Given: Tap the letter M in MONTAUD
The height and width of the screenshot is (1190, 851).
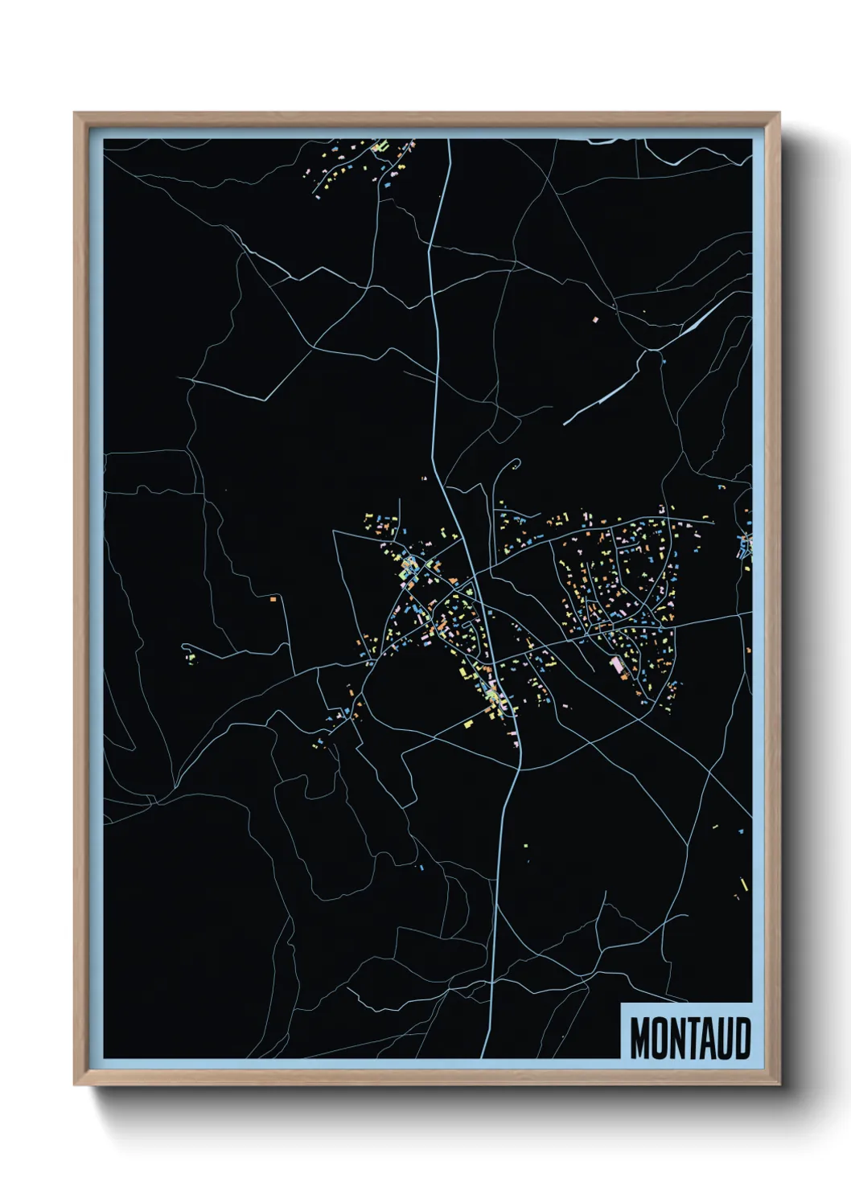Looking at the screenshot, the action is (640, 1038).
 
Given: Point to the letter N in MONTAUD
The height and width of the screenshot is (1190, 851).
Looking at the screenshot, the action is (677, 1038).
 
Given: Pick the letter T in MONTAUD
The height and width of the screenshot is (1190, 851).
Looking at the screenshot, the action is (693, 1038).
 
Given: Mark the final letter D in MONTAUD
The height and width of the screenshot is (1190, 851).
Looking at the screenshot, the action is (742, 1038).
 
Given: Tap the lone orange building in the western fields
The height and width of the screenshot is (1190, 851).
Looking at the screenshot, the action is (273, 599).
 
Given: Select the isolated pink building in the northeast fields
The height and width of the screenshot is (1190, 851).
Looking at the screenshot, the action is (596, 320).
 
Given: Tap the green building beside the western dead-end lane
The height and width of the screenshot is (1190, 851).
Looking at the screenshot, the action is (192, 659).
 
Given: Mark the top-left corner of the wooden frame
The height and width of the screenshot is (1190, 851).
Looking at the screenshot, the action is (75, 114).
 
